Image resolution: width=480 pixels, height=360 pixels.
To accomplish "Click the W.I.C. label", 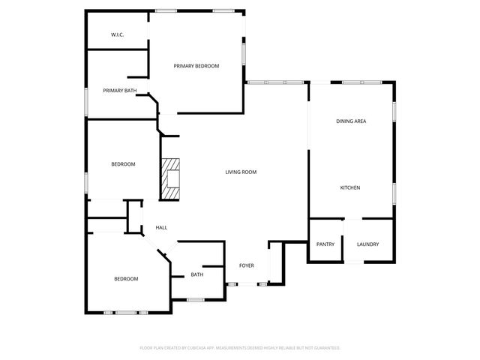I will (x=117, y=34).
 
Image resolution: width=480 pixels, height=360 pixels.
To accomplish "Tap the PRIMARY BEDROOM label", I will (x=196, y=66).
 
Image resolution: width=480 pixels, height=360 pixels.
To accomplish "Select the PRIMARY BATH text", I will (x=120, y=91).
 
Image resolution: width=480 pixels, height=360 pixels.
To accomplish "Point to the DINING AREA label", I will (x=350, y=121).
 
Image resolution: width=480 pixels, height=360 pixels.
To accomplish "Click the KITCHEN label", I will (x=351, y=187).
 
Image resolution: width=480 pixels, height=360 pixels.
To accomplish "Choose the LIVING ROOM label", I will (x=241, y=172).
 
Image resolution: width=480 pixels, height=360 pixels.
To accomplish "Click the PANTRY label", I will (x=325, y=244).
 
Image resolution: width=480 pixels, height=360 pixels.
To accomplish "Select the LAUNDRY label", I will (x=367, y=244).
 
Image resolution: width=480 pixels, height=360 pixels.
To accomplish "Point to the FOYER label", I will (x=246, y=265).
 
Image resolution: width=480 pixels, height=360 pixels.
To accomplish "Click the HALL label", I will (x=161, y=227).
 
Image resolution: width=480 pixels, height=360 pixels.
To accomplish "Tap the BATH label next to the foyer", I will (x=196, y=274).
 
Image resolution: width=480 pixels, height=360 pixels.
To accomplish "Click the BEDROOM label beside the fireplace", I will (x=123, y=164).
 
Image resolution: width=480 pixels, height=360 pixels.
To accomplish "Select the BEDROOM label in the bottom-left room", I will (x=126, y=279).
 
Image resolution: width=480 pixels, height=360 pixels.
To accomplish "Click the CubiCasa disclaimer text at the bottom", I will (x=240, y=348).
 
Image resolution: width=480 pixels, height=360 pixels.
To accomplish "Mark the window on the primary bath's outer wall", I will (x=86, y=101).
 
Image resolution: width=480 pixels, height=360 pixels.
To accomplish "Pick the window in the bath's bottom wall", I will (x=195, y=300).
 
